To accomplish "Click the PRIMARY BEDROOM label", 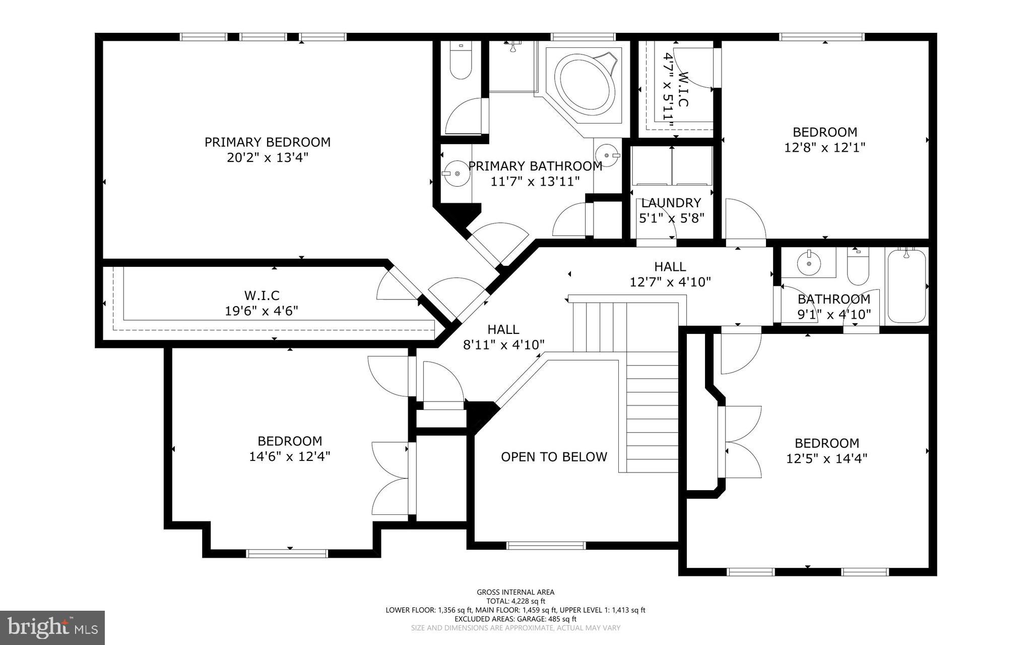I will point(267,142).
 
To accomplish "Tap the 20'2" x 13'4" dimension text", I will point(267,158).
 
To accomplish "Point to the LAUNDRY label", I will point(671,203).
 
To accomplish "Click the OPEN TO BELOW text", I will point(554,457).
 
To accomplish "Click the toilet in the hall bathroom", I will point(858,267).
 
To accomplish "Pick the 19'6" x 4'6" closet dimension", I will point(261,311).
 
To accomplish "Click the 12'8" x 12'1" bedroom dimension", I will point(824,148).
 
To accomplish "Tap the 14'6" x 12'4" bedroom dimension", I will point(289,457).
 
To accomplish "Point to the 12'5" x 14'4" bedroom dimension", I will point(826,459).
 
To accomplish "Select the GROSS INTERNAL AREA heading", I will point(515,592).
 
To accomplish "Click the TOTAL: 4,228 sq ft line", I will point(515,601).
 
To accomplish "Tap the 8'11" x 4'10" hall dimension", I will point(503,345).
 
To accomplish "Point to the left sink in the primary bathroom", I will point(456,173).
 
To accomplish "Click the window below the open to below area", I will point(546,545).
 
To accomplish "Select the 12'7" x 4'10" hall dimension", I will point(670,282).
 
